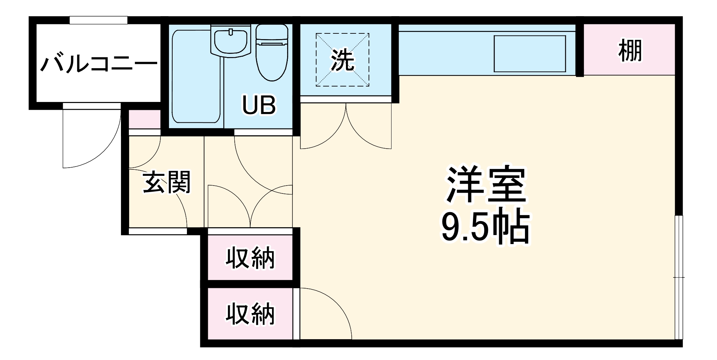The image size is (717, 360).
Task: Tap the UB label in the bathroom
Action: (x=259, y=105)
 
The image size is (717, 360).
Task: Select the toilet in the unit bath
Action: (x=272, y=52)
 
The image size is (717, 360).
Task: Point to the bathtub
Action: (x=196, y=76)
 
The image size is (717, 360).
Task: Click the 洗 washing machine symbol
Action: (x=342, y=60)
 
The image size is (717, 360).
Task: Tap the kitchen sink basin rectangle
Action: (x=529, y=54)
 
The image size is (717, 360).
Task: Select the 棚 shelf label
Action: (x=630, y=51)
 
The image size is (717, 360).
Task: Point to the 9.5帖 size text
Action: (x=486, y=228)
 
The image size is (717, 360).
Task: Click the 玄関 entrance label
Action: (x=167, y=182)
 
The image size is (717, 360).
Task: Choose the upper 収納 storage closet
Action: (x=250, y=258)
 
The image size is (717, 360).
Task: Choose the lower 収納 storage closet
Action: (x=250, y=314)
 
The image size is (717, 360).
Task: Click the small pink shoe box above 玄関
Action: (x=145, y=119)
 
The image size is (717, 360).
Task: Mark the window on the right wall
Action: (x=678, y=277)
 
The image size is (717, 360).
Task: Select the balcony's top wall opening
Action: (x=98, y=20)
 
